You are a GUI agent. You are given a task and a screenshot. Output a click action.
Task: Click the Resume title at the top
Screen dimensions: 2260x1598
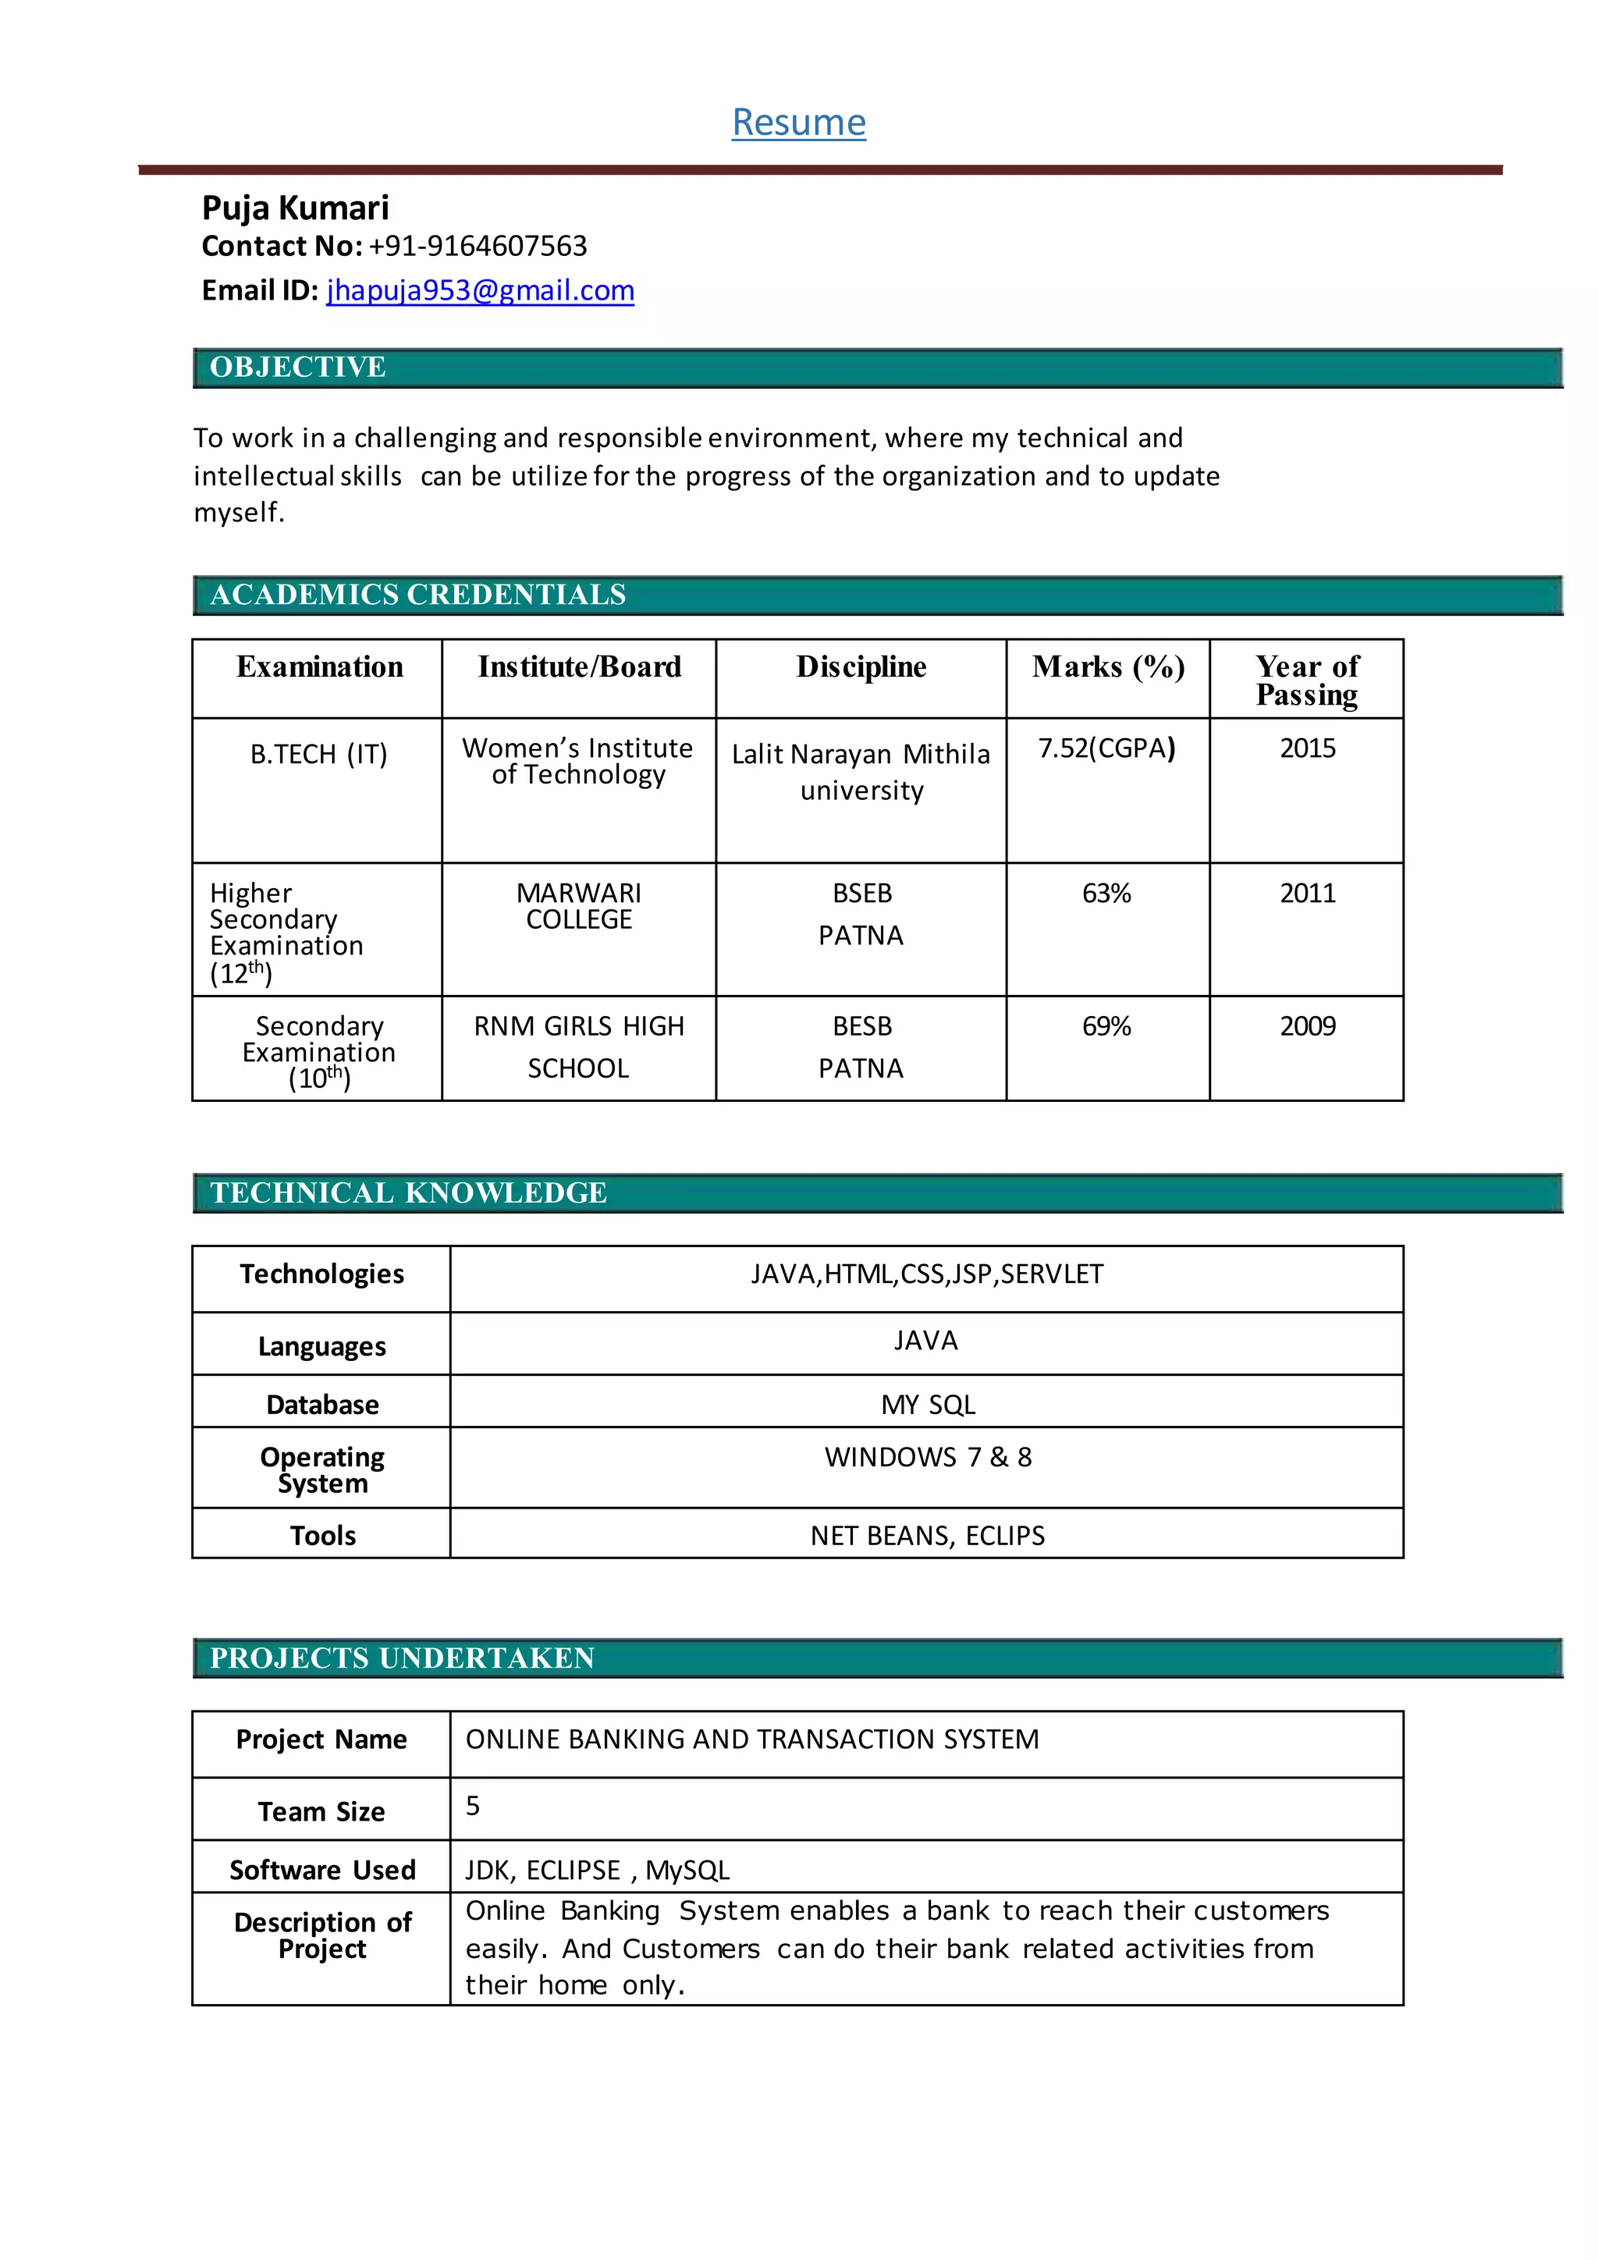pyautogui.click(x=798, y=122)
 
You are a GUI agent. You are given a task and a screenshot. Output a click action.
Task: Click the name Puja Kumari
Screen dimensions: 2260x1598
pyautogui.click(x=295, y=208)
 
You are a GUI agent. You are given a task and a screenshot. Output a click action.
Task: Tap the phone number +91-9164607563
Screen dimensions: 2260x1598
pyautogui.click(x=478, y=246)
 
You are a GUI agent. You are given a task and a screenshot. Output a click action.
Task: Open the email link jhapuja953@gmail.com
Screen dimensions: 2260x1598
pyautogui.click(x=480, y=290)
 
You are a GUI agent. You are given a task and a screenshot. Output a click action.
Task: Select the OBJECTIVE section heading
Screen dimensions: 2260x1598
pyautogui.click(x=297, y=367)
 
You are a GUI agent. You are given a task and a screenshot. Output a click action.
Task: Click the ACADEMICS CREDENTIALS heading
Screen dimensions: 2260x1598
pyautogui.click(x=417, y=595)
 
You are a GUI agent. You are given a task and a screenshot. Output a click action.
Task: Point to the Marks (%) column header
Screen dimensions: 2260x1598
pyautogui.click(x=1108, y=667)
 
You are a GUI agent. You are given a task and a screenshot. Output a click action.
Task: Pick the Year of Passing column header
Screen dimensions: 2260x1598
pyautogui.click(x=1307, y=680)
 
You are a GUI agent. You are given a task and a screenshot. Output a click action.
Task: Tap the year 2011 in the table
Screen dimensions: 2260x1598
pyautogui.click(x=1307, y=893)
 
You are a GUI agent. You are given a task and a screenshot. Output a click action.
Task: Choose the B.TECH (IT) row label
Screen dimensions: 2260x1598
pyautogui.click(x=319, y=754)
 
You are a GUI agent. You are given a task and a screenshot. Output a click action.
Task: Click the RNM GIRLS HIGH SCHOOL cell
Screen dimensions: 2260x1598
pyautogui.click(x=579, y=1046)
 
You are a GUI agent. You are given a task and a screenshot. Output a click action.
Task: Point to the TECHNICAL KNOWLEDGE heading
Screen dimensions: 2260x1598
pyautogui.click(x=408, y=1193)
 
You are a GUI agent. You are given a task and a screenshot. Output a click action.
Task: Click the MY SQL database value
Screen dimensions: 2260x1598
pyautogui.click(x=928, y=1405)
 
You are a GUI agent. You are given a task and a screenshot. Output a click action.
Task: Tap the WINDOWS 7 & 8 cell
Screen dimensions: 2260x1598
pyautogui.click(x=928, y=1457)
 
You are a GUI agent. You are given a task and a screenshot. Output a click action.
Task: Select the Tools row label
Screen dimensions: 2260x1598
pyautogui.click(x=323, y=1536)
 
